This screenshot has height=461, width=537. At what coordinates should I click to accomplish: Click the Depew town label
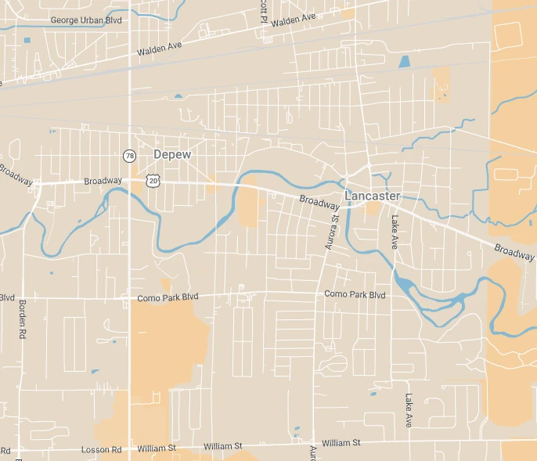pos(172,155)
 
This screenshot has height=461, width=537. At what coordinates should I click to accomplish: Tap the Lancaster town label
pos(373,196)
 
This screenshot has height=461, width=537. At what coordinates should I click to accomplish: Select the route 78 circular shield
pos(128,156)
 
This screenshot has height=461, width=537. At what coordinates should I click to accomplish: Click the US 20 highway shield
pos(153,180)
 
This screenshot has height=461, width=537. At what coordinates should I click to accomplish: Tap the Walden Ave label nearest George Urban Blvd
pos(159,49)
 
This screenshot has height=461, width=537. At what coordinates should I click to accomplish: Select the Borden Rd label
pos(20,318)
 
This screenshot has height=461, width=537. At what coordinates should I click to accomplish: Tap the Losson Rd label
pos(105,449)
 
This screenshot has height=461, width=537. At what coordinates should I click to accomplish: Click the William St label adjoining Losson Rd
pos(157,448)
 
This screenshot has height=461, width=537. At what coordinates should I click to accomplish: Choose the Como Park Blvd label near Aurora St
pos(355,294)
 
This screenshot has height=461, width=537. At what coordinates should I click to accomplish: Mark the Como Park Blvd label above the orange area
pos(168,297)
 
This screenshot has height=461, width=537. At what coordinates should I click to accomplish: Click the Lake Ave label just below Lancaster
pos(395,232)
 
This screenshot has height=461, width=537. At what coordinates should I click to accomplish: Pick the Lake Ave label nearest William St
pos(408,409)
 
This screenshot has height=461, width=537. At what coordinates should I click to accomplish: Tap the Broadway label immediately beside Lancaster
pos(319,202)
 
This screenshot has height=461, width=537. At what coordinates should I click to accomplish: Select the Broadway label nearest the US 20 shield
pos(103,181)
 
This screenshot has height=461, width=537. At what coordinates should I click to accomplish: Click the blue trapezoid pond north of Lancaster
pos(404,61)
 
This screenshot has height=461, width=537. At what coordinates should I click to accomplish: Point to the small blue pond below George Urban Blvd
pos(27,40)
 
